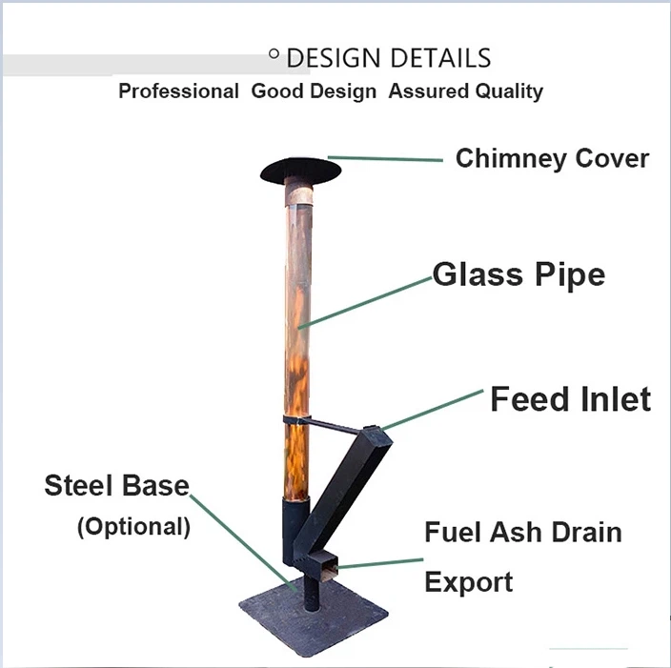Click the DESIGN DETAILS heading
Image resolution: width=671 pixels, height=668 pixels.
pyautogui.click(x=388, y=58)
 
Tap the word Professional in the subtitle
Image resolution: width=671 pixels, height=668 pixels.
pyautogui.click(x=178, y=91)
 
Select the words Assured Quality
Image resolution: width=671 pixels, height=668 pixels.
pyautogui.click(x=465, y=91)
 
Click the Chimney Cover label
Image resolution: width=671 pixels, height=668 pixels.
pyautogui.click(x=551, y=158)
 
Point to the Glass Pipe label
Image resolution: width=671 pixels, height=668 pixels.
pyautogui.click(x=518, y=275)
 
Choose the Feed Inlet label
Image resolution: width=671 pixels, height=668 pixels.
pyautogui.click(x=570, y=399)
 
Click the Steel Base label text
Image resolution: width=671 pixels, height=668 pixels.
pyautogui.click(x=116, y=485)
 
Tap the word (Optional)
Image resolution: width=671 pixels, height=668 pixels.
pyautogui.click(x=133, y=526)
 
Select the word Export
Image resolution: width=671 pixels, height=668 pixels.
pyautogui.click(x=468, y=581)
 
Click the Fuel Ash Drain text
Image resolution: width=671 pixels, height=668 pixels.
pyautogui.click(x=522, y=532)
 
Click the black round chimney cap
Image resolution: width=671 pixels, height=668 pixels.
pyautogui.click(x=300, y=171)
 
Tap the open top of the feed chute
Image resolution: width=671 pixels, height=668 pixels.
pyautogui.click(x=378, y=434)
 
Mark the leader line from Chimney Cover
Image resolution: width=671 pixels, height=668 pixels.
pyautogui.click(x=385, y=158)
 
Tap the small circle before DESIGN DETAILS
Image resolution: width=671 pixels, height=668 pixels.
pyautogui.click(x=274, y=55)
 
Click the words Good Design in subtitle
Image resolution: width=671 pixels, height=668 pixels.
pyautogui.click(x=314, y=91)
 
